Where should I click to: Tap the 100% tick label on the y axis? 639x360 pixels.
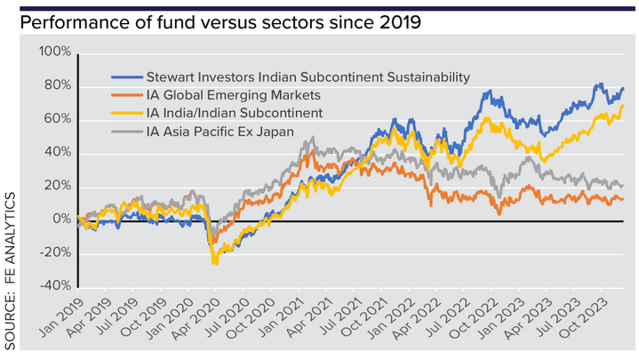pyautogui.click(x=55, y=52)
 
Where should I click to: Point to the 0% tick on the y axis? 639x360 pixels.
pyautogui.click(x=60, y=220)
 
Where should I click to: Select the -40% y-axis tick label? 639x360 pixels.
pyautogui.click(x=54, y=286)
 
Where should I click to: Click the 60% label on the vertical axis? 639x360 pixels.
pyautogui.click(x=58, y=119)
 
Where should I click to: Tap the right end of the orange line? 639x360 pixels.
pyautogui.click(x=622, y=199)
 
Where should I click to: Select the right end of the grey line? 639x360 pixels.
pyautogui.click(x=622, y=185)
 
